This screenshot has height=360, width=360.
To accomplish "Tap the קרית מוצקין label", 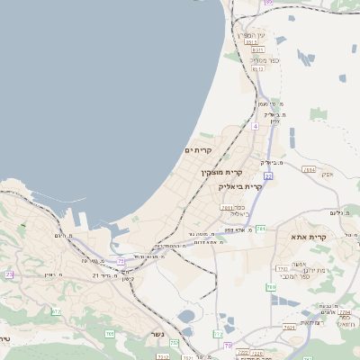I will coord(222,172).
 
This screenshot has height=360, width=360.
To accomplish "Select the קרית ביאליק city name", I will coord(240,186).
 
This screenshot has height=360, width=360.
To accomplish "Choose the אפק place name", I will coord(327,174).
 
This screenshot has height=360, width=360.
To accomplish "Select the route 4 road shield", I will coord(255,127).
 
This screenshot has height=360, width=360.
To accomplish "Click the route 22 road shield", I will coord(268,176).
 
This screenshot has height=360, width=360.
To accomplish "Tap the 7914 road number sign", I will coord(309,169).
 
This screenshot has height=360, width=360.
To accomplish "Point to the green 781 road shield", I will coord(260,229).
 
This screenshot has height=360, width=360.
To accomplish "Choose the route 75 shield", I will coord(121,262).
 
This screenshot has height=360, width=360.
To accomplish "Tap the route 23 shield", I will coord(9,274).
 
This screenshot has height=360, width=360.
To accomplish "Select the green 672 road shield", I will coord(56,311).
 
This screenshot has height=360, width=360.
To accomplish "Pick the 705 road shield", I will coord(110,334).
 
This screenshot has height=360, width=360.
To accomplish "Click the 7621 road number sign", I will coord(289,328).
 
